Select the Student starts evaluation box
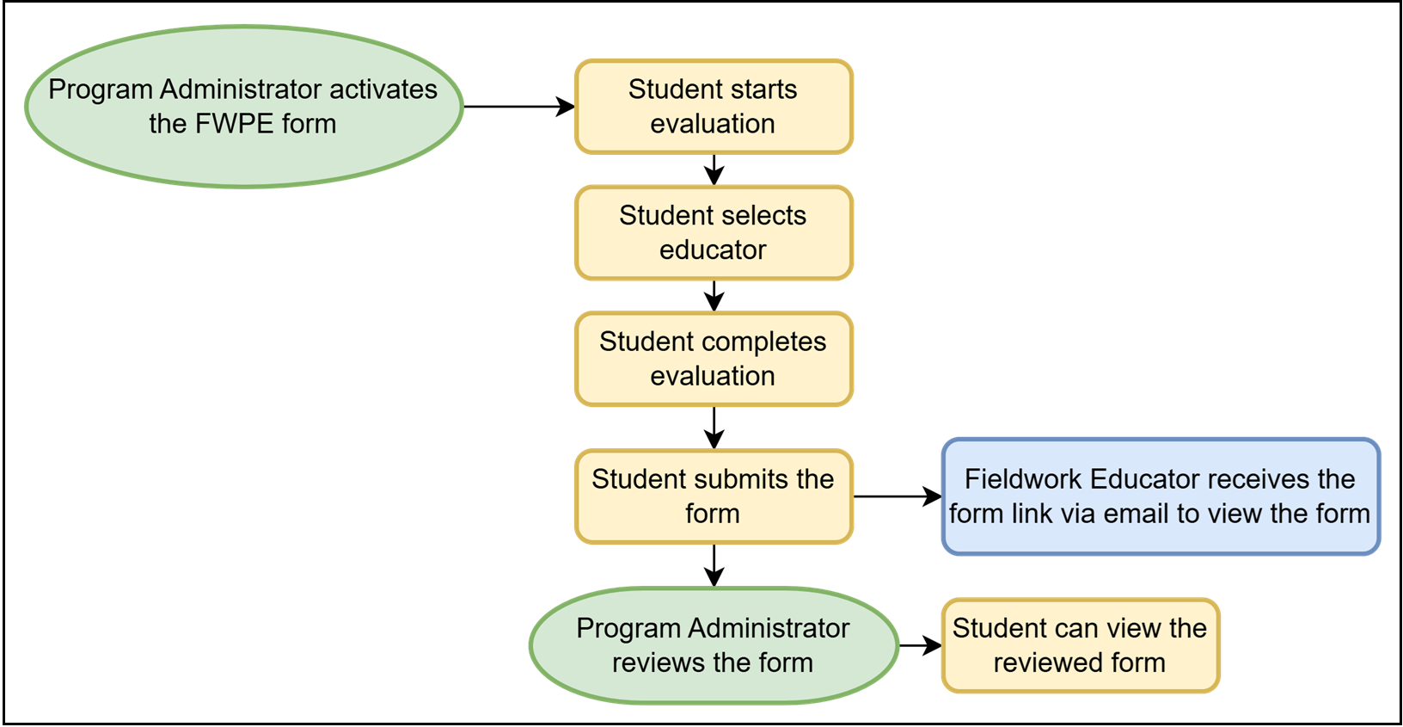(x=714, y=107)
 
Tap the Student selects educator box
(x=714, y=232)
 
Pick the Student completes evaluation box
(x=714, y=359)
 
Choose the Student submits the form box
(x=714, y=496)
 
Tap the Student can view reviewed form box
(x=1081, y=645)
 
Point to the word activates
(x=383, y=89)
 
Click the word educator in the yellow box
(x=713, y=250)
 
